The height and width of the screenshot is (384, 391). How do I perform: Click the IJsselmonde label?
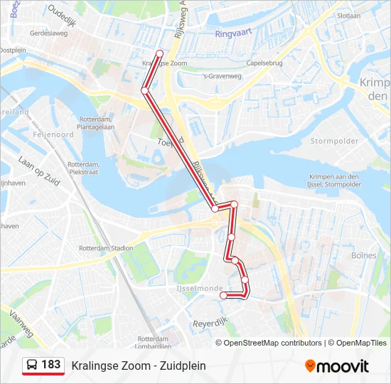click(x=194, y=289)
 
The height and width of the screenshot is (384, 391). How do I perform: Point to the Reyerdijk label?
click(x=209, y=324)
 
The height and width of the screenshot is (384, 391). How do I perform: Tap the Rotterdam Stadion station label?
click(x=107, y=248)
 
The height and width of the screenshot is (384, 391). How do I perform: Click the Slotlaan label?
click(x=349, y=14)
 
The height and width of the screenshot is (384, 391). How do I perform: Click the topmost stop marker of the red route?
click(x=159, y=53)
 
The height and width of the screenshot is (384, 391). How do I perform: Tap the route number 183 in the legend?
click(x=50, y=365)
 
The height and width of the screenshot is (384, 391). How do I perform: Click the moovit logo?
click(x=337, y=366)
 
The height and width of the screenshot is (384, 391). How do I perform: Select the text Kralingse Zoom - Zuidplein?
click(x=139, y=366)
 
